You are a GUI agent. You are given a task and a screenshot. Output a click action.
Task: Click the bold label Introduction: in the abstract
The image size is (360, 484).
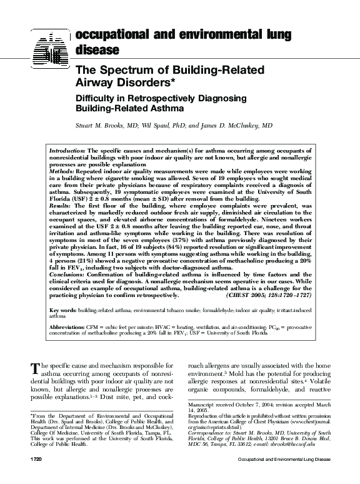pyautogui.click(x=67, y=151)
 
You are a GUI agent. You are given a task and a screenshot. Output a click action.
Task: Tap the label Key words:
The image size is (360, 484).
pyautogui.click(x=63, y=310)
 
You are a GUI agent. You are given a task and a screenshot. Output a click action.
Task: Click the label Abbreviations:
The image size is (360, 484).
pyautogui.click(x=67, y=328)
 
